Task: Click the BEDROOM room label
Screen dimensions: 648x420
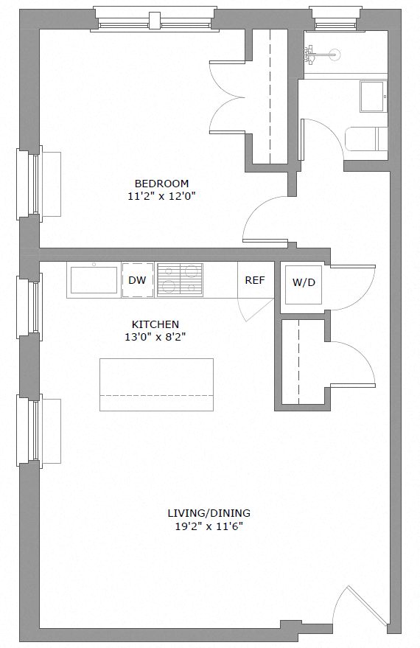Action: [x=161, y=184]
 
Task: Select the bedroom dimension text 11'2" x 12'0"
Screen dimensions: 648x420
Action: [x=161, y=196]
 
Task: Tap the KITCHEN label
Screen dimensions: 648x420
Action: [x=155, y=324]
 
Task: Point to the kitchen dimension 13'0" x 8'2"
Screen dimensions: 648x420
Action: [x=155, y=337]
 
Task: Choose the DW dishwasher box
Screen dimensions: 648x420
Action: [x=137, y=280]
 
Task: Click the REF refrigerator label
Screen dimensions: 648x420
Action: [x=254, y=280]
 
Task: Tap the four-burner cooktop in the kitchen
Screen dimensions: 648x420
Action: [x=180, y=280]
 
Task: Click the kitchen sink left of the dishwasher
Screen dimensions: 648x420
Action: [x=94, y=280]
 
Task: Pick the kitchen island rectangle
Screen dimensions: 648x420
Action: [x=156, y=385]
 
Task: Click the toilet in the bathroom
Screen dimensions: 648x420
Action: [x=366, y=139]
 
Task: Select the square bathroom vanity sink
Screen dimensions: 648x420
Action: [x=373, y=96]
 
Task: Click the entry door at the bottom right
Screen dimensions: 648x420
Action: [x=361, y=605]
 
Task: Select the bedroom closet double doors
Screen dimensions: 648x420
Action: [x=228, y=96]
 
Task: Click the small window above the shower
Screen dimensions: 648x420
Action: [x=336, y=18]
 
